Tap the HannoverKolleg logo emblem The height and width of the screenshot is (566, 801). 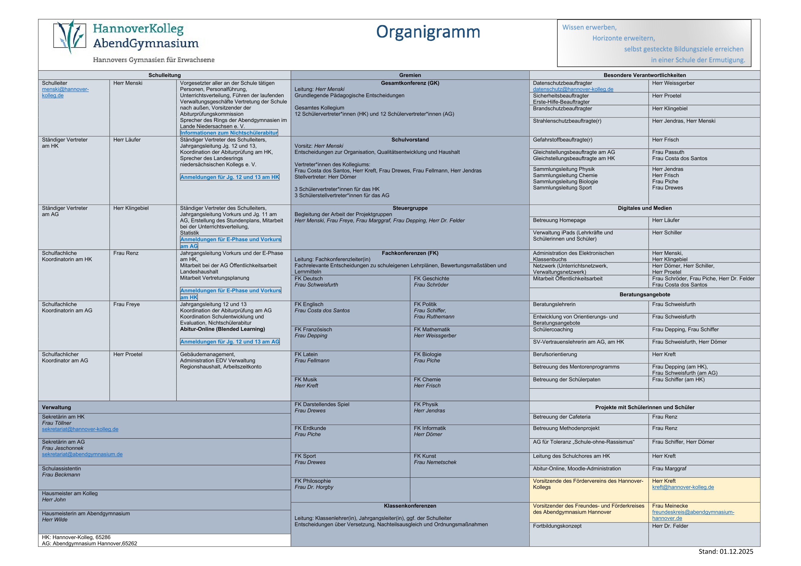pos(70,36)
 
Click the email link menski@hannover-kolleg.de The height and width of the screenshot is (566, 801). pos(65,92)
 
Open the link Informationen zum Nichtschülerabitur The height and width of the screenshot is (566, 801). pos(229,133)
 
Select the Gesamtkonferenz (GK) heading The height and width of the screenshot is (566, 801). pos(410,83)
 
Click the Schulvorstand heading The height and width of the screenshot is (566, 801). pos(410,140)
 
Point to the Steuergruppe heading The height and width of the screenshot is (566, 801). pos(410,208)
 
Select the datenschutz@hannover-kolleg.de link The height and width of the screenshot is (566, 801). pos(573,89)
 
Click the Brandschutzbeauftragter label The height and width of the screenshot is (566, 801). pos(562,108)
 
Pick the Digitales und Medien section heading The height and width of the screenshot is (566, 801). pos(644,208)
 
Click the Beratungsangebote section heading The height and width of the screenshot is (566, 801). pos(644,295)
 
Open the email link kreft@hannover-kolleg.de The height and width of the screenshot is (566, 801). pos(683,487)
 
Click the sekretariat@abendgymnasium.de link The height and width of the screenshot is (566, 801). pos(82,454)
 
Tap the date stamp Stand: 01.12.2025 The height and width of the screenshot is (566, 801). pos(726,551)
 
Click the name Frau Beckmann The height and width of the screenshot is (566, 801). pos(61,475)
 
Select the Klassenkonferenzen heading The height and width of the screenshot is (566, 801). pos(410,506)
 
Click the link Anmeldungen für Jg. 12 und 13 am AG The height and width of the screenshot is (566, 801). pos(230,342)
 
